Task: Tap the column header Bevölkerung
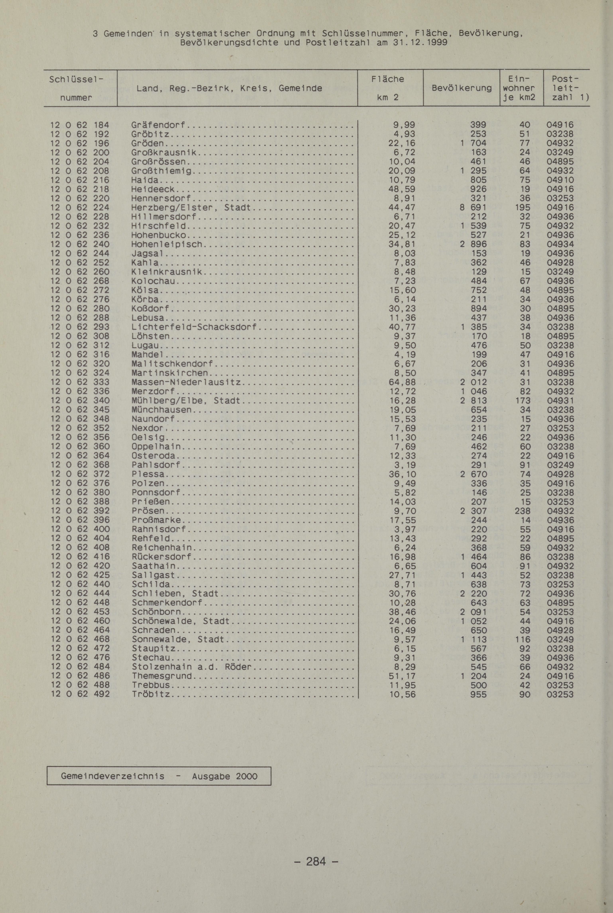[x=462, y=88]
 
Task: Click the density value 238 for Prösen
[x=523, y=511]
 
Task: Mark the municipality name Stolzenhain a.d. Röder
[x=192, y=667]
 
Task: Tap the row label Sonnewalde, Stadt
[x=178, y=639]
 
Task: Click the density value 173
[x=523, y=400]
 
